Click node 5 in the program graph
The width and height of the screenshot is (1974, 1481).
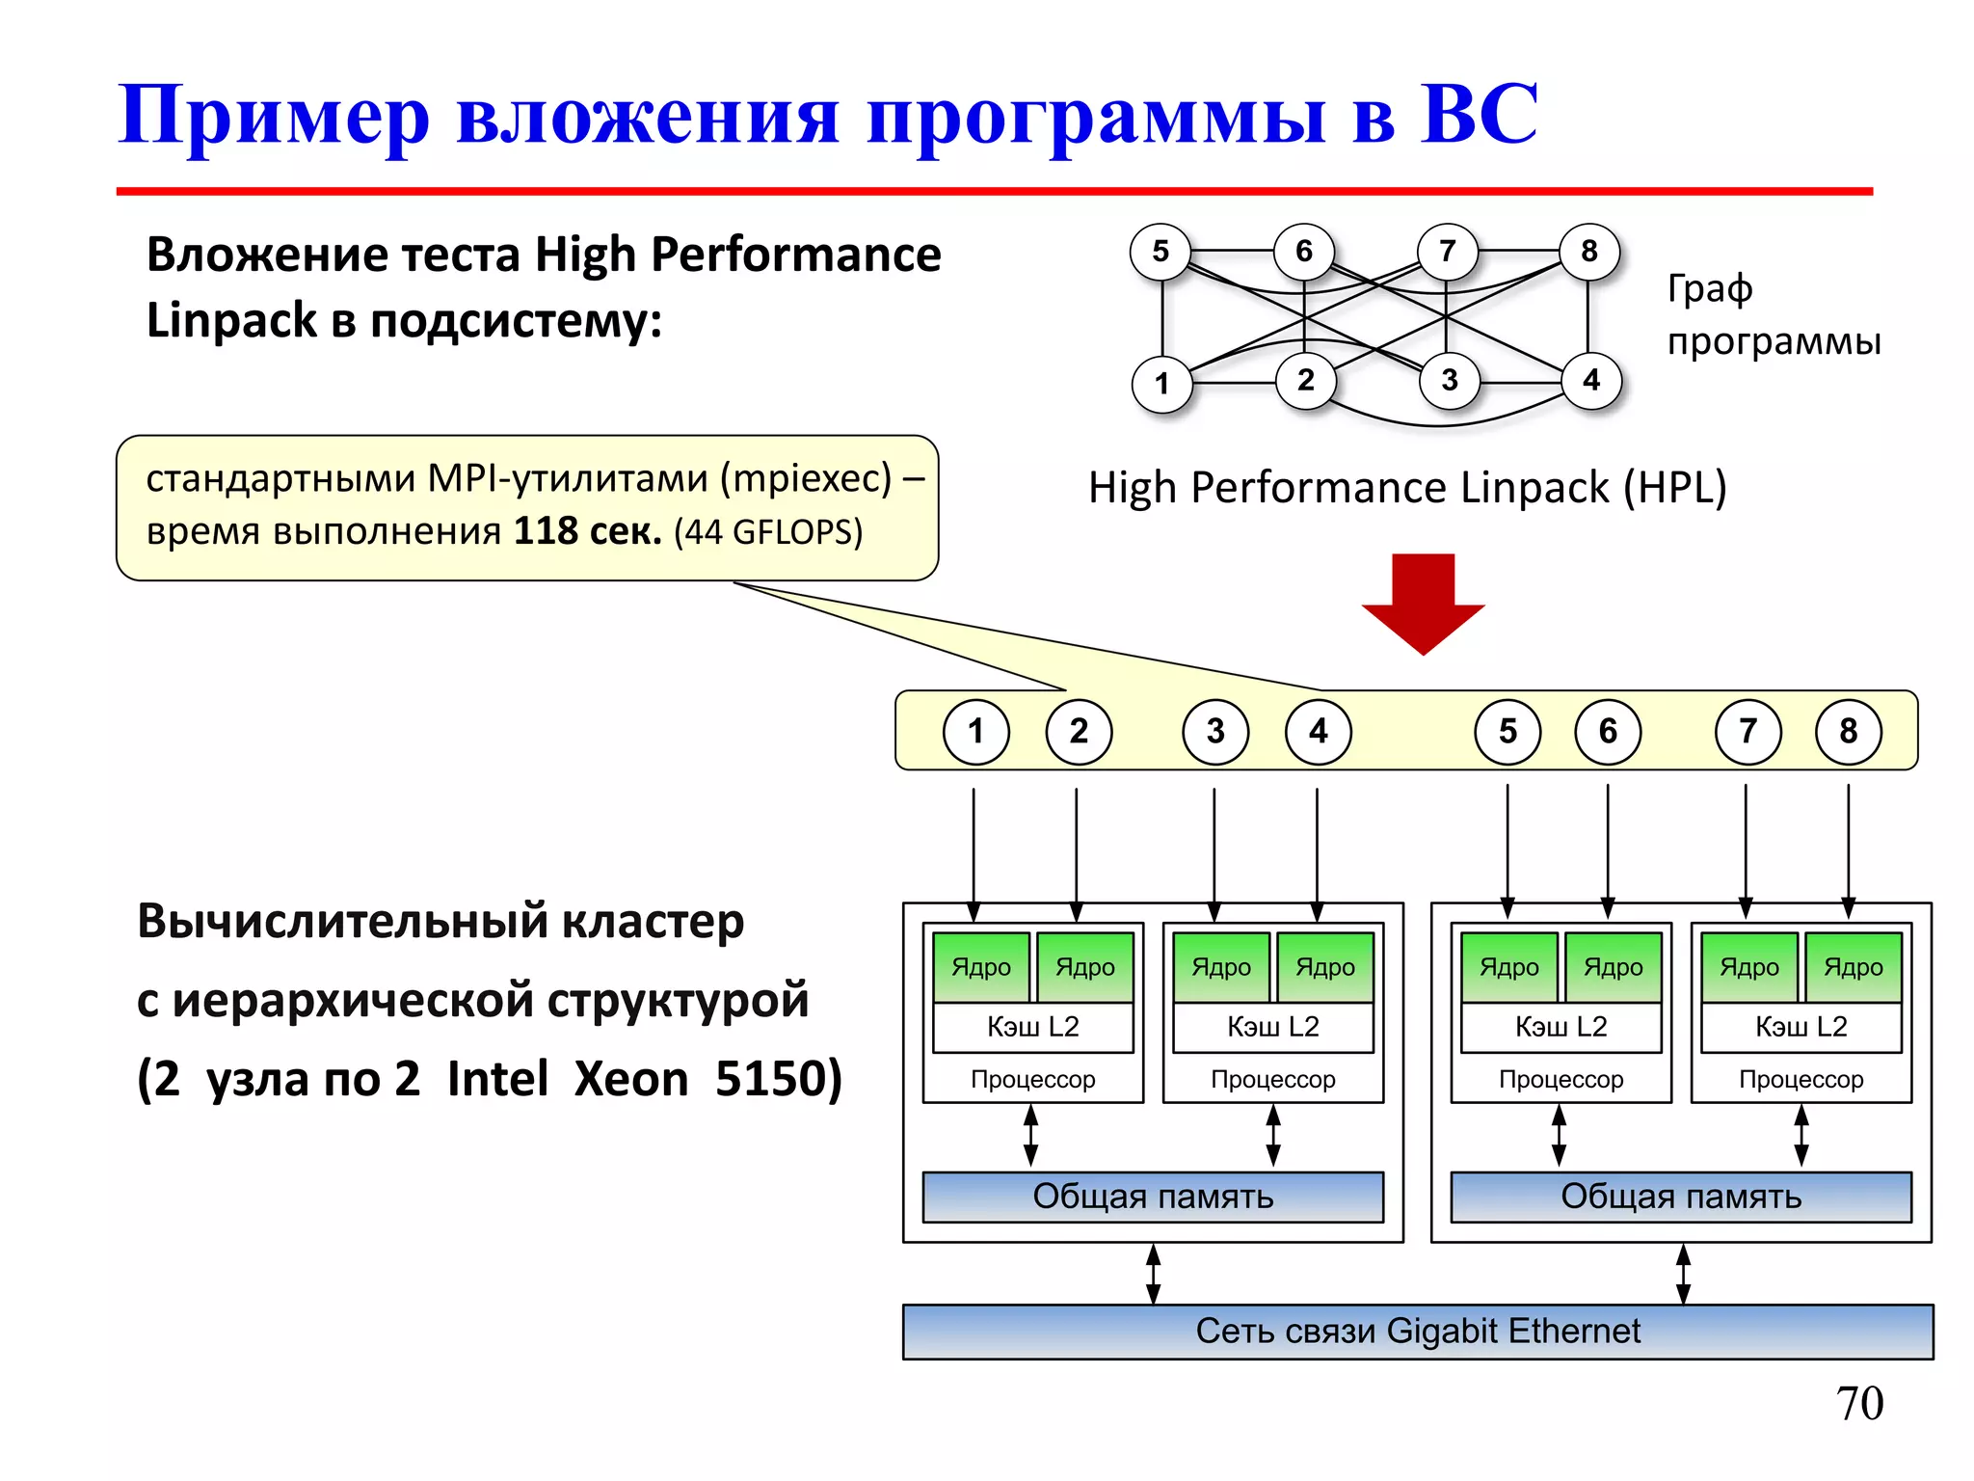pos(1160,252)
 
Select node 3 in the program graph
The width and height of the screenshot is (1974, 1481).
pos(1449,380)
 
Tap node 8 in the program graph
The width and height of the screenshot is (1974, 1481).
pos(1589,252)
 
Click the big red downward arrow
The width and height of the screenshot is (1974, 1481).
pos(1423,603)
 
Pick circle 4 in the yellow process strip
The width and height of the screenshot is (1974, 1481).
pos(1318,732)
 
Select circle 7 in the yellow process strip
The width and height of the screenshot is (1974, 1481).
pos(1747,732)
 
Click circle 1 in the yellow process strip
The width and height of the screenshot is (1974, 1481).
pos(975,732)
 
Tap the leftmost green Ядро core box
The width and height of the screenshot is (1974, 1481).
pos(981,966)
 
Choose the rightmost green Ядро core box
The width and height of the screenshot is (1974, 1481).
pos(1853,966)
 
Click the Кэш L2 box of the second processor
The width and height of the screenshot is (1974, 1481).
pos(1272,1027)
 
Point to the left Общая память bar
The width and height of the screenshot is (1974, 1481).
pos(1153,1197)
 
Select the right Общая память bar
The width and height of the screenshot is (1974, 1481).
pos(1681,1197)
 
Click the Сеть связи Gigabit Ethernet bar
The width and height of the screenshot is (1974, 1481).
pos(1417,1332)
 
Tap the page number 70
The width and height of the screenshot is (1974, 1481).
pos(1859,1403)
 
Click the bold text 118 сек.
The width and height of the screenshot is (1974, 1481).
pos(587,531)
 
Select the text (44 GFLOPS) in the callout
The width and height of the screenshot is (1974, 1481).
pos(768,532)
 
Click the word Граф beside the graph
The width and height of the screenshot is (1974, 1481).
pos(1710,288)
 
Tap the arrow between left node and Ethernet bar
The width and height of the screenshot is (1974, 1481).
pos(1153,1274)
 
